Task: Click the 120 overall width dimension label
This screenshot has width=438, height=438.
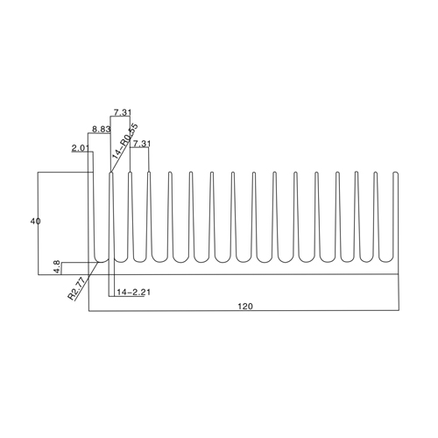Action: point(245,307)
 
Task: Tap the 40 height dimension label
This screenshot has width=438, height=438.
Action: point(35,222)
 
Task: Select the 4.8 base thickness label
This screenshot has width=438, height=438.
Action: point(57,267)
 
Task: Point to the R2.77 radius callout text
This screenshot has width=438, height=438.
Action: point(76,289)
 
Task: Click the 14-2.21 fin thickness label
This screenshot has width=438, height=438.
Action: point(133,292)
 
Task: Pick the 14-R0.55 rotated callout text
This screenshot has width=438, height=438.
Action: point(125,141)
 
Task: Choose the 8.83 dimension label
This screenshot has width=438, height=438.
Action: point(102,129)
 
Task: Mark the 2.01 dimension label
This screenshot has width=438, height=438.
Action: point(81,148)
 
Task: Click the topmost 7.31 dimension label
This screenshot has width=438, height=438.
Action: point(123,112)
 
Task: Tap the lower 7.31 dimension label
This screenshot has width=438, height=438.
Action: point(142,144)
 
